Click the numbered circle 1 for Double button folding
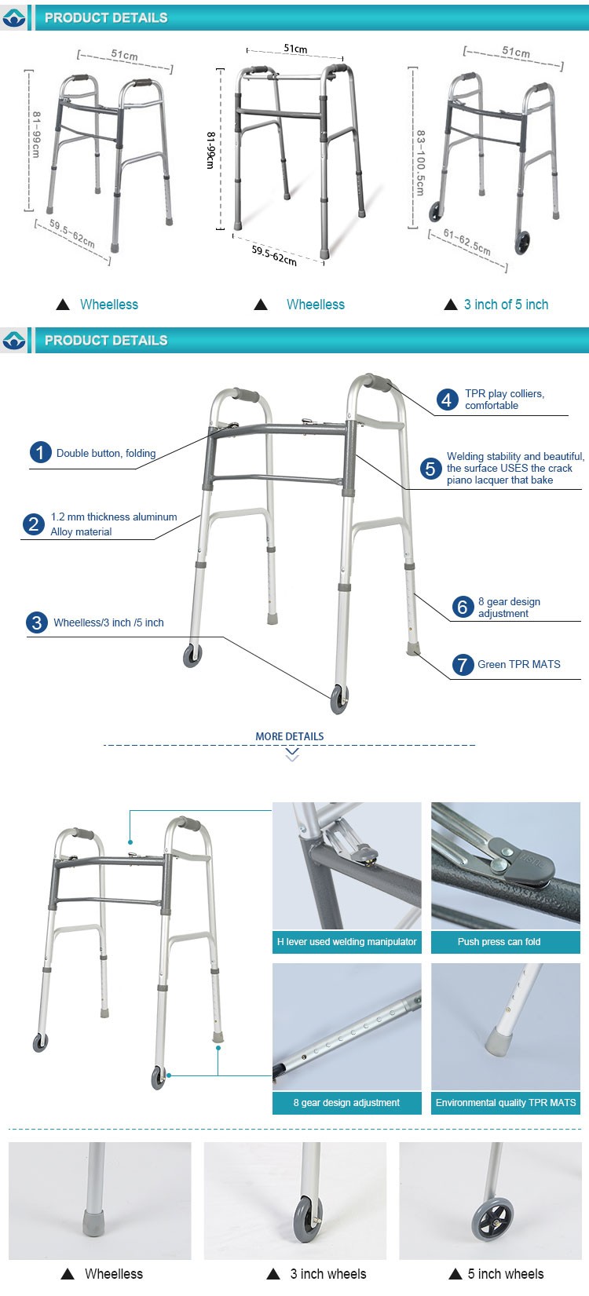[x=40, y=453]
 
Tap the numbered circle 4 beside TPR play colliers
[x=447, y=400]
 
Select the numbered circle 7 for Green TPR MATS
[x=463, y=665]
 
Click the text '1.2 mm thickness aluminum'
[x=114, y=517]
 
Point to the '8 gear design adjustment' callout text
[x=509, y=608]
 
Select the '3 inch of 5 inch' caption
[x=506, y=305]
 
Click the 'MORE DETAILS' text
[x=289, y=736]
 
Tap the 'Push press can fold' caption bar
[x=505, y=942]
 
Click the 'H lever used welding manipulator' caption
[x=346, y=942]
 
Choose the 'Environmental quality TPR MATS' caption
[x=505, y=1103]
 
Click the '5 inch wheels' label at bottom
[x=505, y=1273]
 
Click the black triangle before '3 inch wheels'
[x=273, y=1274]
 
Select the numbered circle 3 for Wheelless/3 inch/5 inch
[x=37, y=622]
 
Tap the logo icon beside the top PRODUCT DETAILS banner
[x=14, y=17]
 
